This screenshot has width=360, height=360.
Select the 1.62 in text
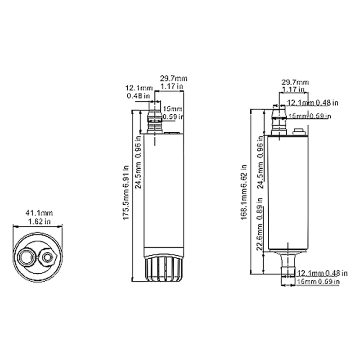(36, 221)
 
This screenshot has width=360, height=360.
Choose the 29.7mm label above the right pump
(295, 82)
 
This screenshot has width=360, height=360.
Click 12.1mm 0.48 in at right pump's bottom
(322, 273)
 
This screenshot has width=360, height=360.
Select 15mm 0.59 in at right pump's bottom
(318, 281)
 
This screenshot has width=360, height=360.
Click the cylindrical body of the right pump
(287, 193)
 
